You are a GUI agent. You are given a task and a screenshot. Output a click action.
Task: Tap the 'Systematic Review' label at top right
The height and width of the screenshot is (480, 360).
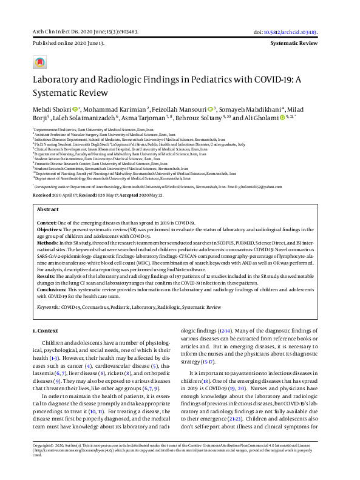tap(294, 44)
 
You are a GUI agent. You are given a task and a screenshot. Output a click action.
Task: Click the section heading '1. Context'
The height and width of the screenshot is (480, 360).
tap(43, 330)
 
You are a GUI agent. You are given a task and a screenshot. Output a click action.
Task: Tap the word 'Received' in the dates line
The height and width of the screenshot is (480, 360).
tap(42, 195)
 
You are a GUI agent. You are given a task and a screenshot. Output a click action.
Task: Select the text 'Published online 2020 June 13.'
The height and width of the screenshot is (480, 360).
tap(59, 44)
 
